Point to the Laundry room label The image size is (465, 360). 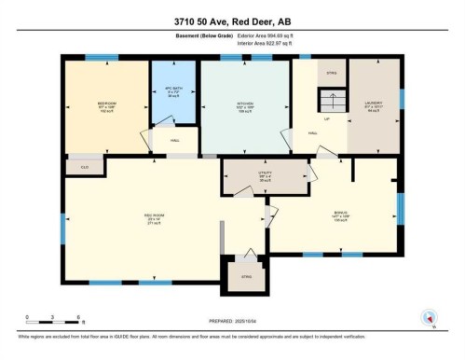pos(372,104)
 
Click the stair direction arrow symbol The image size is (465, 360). pos(327,100)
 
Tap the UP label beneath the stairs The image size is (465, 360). pos(327,119)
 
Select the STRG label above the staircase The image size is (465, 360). pos(331,73)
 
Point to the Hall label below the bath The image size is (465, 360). pos(174,140)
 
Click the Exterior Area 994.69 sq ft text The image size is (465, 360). pos(275,35)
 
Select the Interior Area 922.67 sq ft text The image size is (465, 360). pos(275,44)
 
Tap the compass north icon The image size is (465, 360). pos(430,317)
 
